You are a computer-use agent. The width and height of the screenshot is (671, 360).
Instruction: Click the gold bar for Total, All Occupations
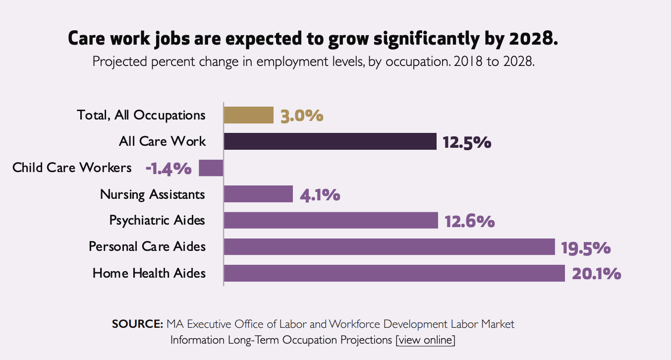pos(248,115)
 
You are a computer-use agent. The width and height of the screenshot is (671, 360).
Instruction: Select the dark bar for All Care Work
pos(330,141)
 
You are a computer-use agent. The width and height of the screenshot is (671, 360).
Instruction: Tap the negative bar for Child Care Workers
pos(211,168)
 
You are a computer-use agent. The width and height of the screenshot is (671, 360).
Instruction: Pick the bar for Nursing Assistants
pos(258,194)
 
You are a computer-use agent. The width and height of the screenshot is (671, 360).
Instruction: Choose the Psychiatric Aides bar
pos(331,220)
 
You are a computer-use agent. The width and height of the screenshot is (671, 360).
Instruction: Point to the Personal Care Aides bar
pos(389,246)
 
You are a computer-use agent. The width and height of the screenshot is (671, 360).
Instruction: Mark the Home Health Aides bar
pos(394,273)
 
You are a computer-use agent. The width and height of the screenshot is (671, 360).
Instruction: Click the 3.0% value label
pos(302,116)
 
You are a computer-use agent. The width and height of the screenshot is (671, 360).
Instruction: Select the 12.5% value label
pos(467,142)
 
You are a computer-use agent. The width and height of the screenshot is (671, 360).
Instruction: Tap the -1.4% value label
pos(168,169)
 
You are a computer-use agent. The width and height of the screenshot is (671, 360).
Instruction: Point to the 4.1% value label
pos(320,195)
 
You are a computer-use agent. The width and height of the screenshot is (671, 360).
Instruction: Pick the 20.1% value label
pos(596,274)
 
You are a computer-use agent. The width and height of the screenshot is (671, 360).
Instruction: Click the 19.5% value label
pos(585,247)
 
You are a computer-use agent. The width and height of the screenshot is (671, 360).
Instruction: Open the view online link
pos(425,340)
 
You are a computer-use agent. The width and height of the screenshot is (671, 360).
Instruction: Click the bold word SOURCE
pos(137,324)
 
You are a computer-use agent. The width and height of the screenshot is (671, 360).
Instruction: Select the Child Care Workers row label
pos(72,168)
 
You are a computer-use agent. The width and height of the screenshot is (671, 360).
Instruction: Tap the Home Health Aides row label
pos(149,273)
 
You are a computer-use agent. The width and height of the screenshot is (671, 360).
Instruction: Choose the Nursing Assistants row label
pos(152,194)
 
